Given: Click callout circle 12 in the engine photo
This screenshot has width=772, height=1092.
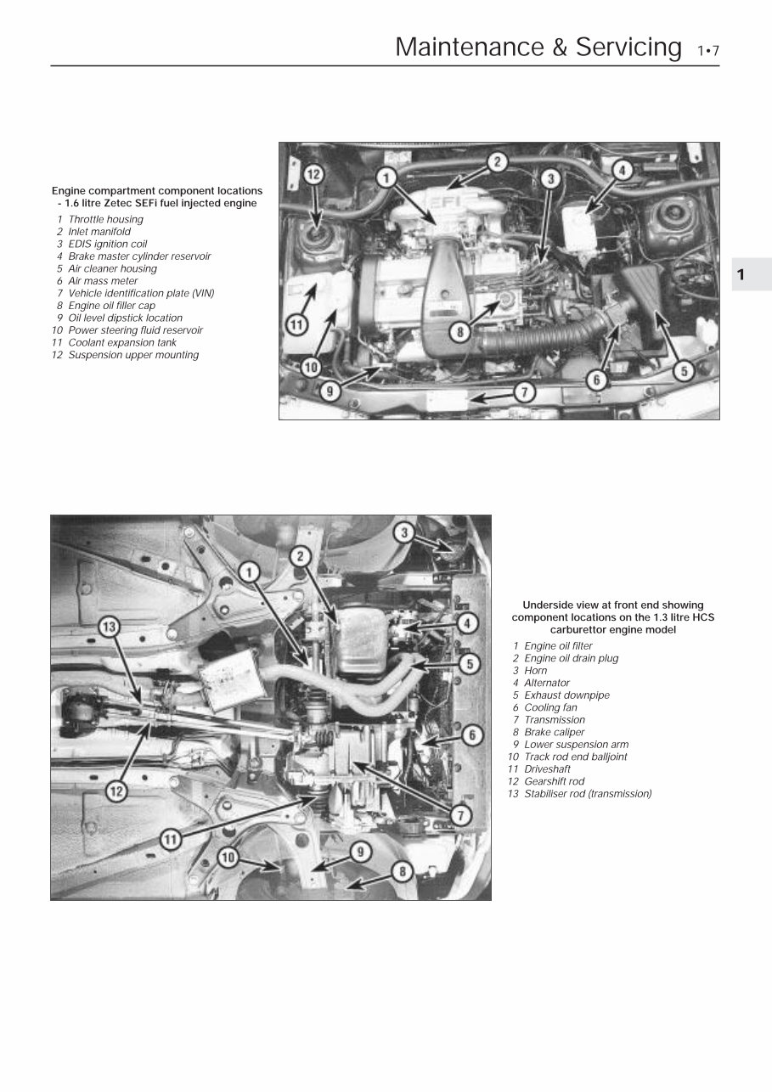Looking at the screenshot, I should [313, 176].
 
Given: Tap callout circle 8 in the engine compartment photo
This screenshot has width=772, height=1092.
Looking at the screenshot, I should [460, 332].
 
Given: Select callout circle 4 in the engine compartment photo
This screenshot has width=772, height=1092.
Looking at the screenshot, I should [623, 170].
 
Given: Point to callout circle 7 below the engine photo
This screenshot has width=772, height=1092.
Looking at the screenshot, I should [524, 392].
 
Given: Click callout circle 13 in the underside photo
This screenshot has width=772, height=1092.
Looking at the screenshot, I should [108, 628].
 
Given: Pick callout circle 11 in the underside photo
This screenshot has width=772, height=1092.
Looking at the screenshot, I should [172, 839].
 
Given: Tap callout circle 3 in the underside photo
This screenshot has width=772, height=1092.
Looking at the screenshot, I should [405, 532].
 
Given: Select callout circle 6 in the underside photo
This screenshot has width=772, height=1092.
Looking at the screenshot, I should [473, 735].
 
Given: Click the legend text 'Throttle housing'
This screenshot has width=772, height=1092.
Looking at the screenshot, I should [105, 219].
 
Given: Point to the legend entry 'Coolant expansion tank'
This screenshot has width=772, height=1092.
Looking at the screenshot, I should [122, 343].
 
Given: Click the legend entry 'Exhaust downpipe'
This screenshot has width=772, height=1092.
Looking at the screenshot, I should [566, 695].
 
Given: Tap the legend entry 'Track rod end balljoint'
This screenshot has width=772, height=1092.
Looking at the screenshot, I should [576, 757].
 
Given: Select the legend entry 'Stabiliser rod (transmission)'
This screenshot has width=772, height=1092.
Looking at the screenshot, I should [588, 794].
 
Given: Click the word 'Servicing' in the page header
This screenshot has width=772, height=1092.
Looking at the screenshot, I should [628, 47].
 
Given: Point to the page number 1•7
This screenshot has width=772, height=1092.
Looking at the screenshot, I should [707, 51].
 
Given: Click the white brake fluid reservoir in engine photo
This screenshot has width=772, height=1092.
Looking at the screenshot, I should [583, 221].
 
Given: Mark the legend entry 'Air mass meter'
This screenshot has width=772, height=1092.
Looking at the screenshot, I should [103, 281].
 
